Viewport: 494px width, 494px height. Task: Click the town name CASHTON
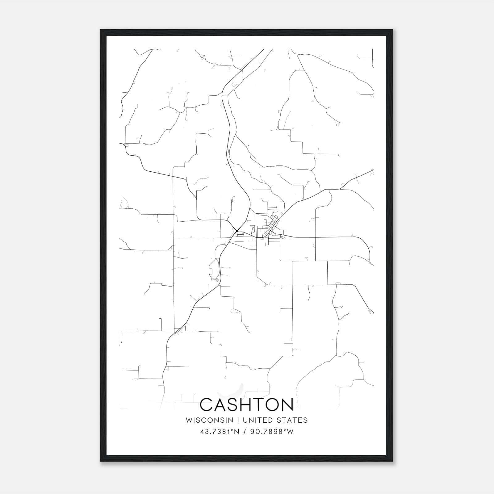coord(247,404)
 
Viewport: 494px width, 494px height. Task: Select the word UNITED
coord(258,420)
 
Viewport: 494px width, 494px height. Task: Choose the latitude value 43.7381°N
coord(220,431)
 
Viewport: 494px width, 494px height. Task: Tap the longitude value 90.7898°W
coord(272,431)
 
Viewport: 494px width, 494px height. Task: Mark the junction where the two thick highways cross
coord(237,230)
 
